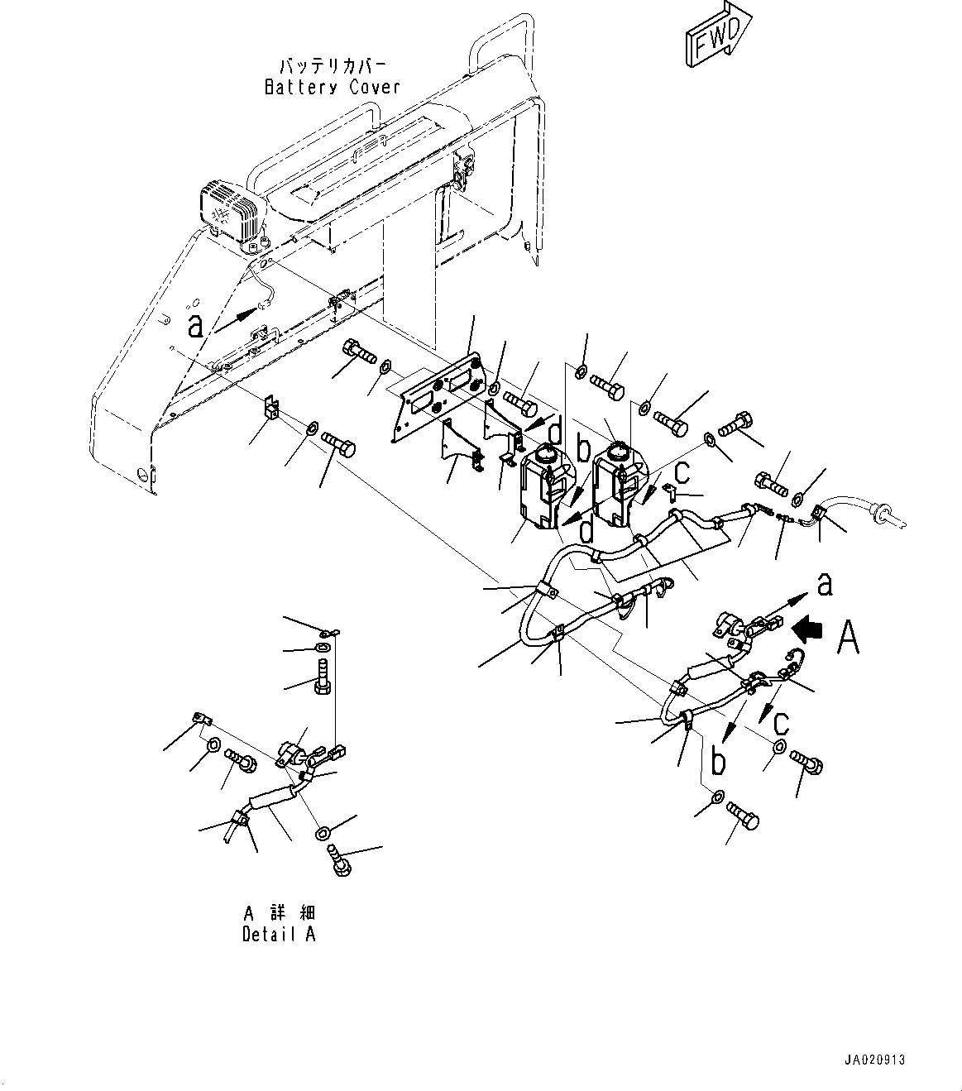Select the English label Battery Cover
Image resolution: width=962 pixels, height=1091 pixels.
(332, 87)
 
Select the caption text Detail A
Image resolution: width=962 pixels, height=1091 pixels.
(279, 934)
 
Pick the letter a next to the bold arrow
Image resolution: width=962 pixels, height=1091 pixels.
(824, 585)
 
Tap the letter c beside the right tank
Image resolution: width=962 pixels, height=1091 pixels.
(682, 471)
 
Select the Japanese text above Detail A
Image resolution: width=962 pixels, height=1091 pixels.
(279, 913)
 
